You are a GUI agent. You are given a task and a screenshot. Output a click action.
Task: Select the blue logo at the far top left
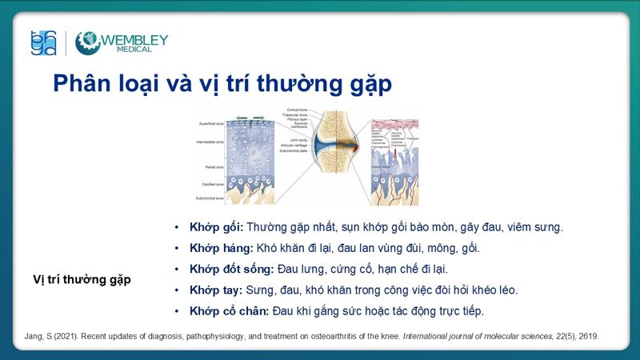[43, 43]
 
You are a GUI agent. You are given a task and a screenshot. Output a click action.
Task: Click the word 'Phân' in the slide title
[81, 84]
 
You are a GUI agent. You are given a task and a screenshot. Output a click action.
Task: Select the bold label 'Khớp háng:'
[222, 248]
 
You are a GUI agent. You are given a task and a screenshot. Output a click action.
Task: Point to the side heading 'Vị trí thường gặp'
[82, 279]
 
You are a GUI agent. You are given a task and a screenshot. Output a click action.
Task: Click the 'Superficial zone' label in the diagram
[212, 124]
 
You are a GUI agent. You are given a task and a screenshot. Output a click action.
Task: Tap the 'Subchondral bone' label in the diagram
[212, 198]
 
